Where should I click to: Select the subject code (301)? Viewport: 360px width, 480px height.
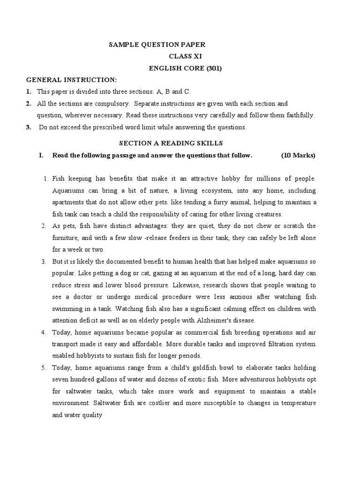click(212, 68)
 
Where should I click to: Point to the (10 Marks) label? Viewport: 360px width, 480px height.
click(298, 156)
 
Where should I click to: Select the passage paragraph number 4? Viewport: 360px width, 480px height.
click(43, 332)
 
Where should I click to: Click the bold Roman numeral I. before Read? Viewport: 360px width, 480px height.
click(41, 156)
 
